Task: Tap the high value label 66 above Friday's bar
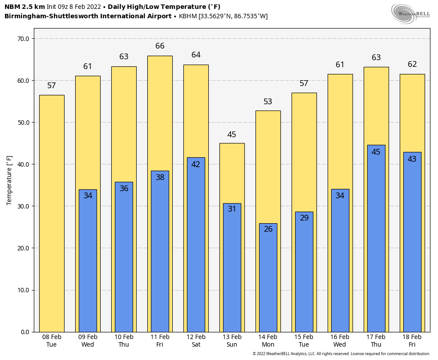(160, 46)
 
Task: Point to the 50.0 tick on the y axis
(23, 123)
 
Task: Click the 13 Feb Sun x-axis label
(232, 341)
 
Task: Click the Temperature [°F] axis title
(10, 180)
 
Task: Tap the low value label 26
(268, 229)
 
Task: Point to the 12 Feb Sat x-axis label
(196, 341)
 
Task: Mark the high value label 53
(268, 102)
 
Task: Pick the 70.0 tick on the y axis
(23, 39)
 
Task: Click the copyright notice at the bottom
(341, 354)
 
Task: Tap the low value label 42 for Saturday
(196, 164)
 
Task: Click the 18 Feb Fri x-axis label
(412, 341)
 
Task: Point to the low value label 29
(304, 218)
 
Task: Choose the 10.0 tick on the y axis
(23, 290)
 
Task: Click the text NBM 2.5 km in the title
(24, 7)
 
